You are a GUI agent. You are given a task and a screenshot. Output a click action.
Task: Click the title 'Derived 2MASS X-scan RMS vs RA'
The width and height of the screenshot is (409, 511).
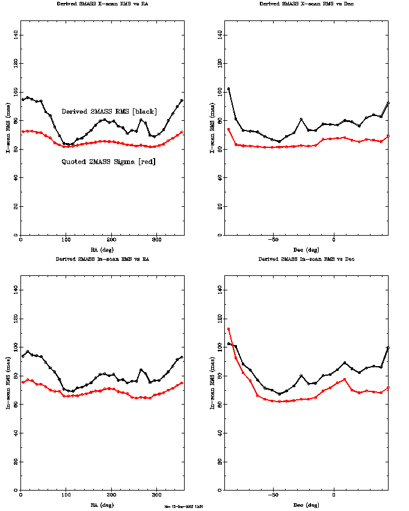pyautogui.click(x=103, y=3)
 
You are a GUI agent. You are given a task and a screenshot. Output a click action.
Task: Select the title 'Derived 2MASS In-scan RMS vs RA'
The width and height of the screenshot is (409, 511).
pyautogui.click(x=103, y=259)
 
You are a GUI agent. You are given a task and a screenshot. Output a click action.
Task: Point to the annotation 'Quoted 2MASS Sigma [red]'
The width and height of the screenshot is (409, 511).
pyautogui.click(x=108, y=161)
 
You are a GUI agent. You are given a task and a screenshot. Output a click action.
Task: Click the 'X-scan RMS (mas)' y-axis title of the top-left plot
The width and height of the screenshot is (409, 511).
pyautogui.click(x=8, y=129)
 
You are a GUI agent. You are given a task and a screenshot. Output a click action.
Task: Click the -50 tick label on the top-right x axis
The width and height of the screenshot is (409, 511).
pyautogui.click(x=272, y=240)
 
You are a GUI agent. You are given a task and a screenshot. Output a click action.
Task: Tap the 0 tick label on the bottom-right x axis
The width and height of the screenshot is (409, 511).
pyautogui.click(x=334, y=496)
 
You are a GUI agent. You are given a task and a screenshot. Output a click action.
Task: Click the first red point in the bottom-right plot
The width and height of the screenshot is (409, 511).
pyautogui.click(x=229, y=329)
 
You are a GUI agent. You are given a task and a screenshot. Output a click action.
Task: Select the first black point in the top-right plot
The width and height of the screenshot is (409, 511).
pyautogui.click(x=229, y=89)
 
